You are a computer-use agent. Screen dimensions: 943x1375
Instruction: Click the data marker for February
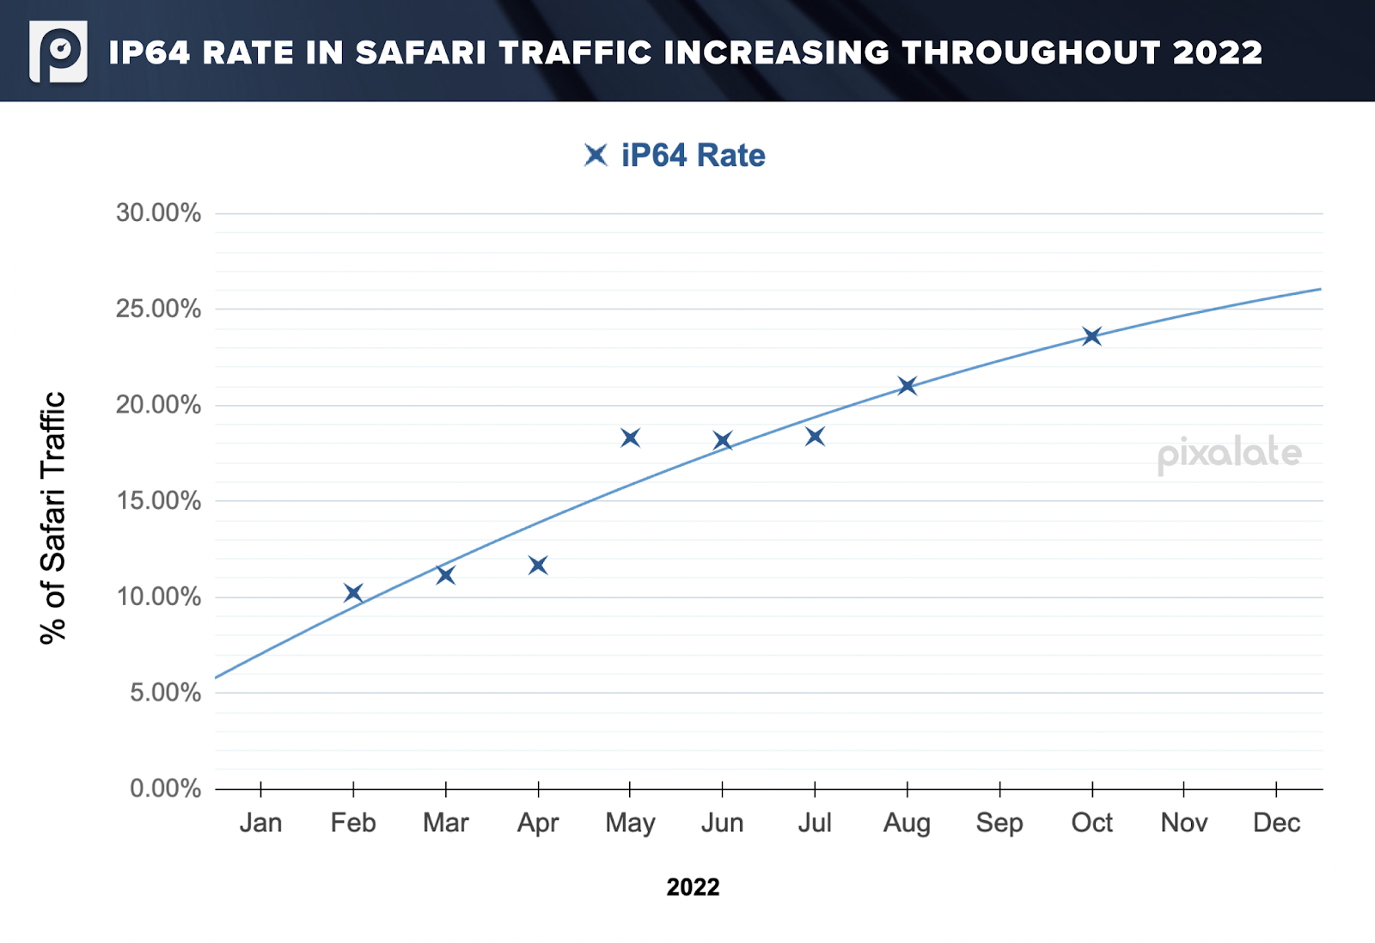(x=353, y=593)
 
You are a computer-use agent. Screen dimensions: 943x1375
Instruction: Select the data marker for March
(x=445, y=575)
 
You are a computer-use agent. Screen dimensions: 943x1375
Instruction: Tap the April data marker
(x=538, y=566)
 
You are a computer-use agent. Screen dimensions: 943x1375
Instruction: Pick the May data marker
(x=630, y=438)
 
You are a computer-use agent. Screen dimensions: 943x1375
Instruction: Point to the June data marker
(x=723, y=441)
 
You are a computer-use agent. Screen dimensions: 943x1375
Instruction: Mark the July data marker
(x=815, y=437)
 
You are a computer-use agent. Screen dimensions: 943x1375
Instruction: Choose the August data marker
(x=907, y=386)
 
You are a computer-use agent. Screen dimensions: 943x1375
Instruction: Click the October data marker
(x=1092, y=336)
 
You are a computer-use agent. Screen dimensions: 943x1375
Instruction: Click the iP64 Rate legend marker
(x=596, y=156)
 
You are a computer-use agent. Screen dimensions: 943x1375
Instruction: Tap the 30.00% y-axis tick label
(x=158, y=213)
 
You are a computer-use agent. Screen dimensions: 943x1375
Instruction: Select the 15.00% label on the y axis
(x=158, y=501)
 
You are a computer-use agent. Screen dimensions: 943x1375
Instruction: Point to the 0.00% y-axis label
(x=165, y=788)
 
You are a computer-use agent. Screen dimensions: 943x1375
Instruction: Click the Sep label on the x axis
(x=999, y=823)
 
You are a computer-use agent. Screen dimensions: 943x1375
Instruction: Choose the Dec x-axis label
(x=1276, y=823)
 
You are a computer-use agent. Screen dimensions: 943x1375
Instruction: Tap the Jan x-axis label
(x=260, y=823)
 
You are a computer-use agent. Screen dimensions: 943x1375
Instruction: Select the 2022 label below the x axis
(x=693, y=887)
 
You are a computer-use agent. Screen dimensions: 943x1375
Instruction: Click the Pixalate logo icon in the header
(x=58, y=52)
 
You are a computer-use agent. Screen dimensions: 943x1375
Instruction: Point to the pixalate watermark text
(x=1229, y=454)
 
